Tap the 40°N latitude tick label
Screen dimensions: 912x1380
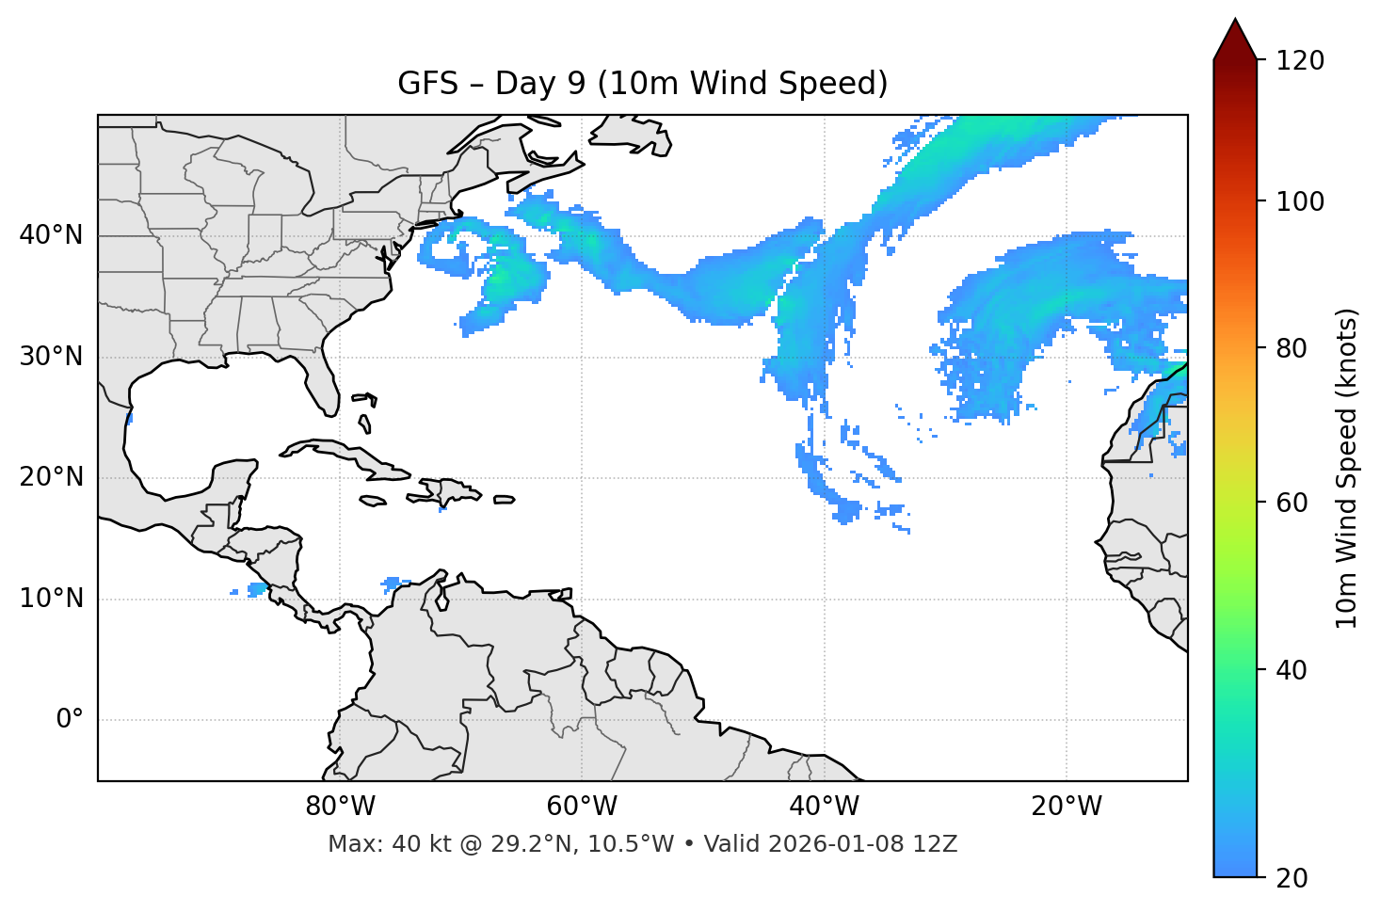click(51, 235)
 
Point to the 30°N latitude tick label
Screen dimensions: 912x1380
click(51, 357)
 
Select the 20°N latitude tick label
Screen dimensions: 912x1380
click(51, 477)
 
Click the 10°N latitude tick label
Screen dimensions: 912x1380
click(51, 599)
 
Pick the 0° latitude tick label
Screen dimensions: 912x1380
click(70, 720)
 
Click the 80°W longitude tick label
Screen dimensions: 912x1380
click(340, 807)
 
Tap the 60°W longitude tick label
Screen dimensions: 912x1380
click(582, 807)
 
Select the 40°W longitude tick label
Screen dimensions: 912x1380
click(824, 807)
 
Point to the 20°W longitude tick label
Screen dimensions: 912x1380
click(1066, 807)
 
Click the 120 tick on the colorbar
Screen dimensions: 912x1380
click(1299, 61)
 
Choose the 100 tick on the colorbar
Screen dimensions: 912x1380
click(1299, 201)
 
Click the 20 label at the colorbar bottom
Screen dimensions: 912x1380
click(1292, 877)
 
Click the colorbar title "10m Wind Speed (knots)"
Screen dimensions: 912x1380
click(1347, 468)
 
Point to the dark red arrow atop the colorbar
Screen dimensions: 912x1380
click(1235, 40)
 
